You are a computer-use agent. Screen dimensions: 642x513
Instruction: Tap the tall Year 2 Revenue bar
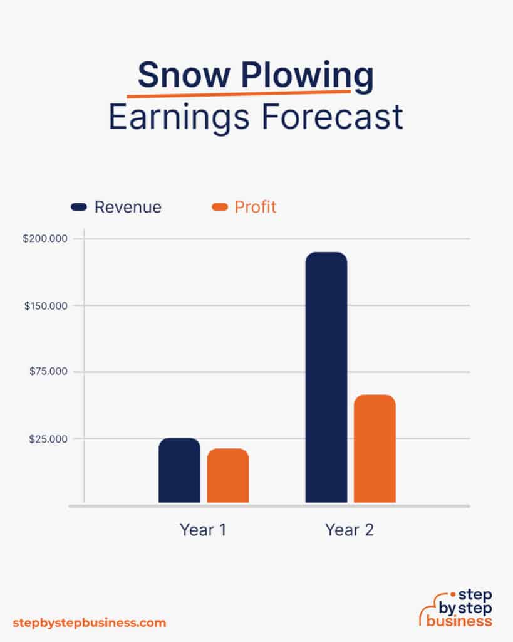[326, 377]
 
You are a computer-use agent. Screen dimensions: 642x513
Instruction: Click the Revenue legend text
[128, 207]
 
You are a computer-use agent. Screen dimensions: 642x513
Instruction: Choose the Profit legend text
[256, 207]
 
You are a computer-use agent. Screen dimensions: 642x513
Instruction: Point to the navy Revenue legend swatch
[79, 207]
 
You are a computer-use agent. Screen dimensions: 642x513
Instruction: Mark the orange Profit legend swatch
[220, 207]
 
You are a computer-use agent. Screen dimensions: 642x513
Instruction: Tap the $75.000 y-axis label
[49, 372]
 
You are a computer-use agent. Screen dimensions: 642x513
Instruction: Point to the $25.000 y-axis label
[49, 439]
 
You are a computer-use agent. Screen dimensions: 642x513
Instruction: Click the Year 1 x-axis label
[203, 530]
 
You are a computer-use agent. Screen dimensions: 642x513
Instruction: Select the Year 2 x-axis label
[350, 530]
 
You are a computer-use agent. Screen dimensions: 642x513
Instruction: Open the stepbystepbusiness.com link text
[90, 623]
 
